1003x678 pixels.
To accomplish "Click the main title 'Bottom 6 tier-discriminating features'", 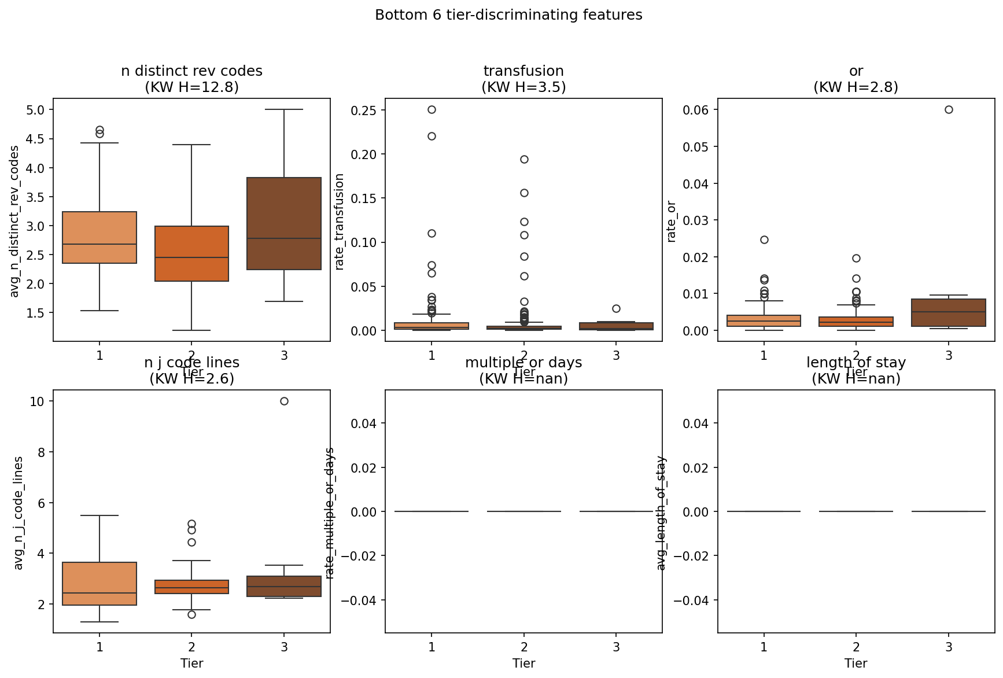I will pyautogui.click(x=508, y=15).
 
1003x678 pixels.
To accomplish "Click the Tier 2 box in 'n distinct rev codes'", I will pyautogui.click(x=191, y=253).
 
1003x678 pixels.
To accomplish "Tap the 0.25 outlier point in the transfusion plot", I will pyautogui.click(x=432, y=109).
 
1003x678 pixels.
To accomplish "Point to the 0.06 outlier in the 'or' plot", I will pyautogui.click(x=949, y=109).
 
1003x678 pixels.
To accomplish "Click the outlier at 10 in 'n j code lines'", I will pyautogui.click(x=284, y=401).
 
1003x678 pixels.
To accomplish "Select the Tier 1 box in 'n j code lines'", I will pyautogui.click(x=99, y=583).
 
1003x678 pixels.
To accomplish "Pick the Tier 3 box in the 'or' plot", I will pyautogui.click(x=949, y=312).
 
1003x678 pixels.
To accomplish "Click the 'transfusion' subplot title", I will pyautogui.click(x=523, y=71).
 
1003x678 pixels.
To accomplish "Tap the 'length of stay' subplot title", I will pyautogui.click(x=856, y=363).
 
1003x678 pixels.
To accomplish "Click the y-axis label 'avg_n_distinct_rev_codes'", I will pyautogui.click(x=15, y=221).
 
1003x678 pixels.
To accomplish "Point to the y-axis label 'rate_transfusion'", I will pyautogui.click(x=340, y=221).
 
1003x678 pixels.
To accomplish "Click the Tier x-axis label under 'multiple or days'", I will pyautogui.click(x=523, y=664).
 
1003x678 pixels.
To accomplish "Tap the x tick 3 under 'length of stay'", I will pyautogui.click(x=949, y=647).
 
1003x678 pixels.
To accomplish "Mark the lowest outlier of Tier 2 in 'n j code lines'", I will pyautogui.click(x=191, y=614).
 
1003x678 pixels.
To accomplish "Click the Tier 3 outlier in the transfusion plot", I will pyautogui.click(x=616, y=308).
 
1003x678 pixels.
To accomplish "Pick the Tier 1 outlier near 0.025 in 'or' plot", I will pyautogui.click(x=764, y=239).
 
